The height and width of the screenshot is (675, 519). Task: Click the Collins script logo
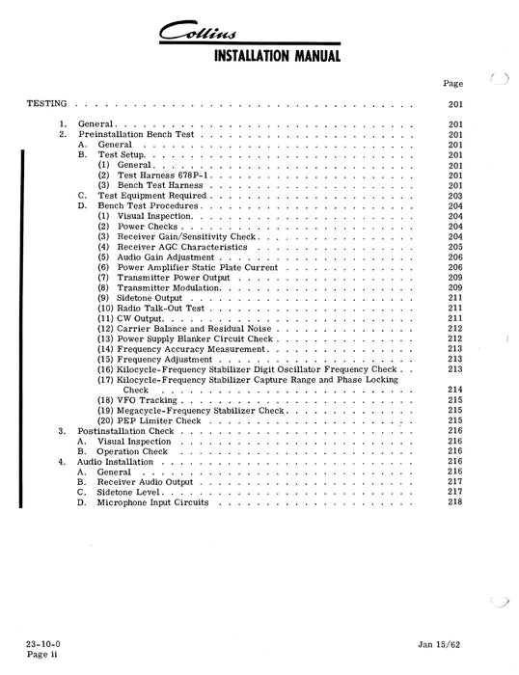(260, 34)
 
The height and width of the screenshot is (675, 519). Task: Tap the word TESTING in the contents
(46, 102)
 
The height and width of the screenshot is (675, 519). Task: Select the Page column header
(453, 84)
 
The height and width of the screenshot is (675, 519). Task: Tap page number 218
(455, 502)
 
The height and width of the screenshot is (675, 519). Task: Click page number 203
(455, 196)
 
